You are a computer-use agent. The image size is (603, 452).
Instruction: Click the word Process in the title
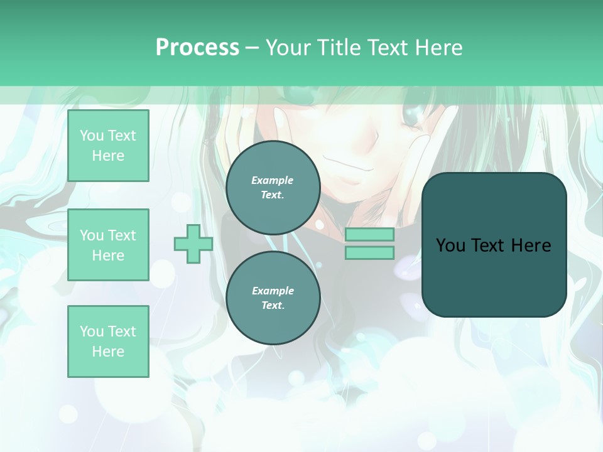tap(197, 48)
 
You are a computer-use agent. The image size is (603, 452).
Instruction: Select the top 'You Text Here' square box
tap(108, 146)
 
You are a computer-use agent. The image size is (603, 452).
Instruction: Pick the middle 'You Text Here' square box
tap(108, 245)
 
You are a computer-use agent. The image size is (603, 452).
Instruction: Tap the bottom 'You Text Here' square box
tap(108, 341)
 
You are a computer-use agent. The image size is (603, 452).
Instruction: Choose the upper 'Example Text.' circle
tap(273, 187)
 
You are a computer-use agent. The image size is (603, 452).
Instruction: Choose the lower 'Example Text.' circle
tap(273, 298)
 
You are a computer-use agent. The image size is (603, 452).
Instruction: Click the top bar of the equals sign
tap(369, 235)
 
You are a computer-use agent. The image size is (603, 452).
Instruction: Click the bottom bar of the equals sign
tap(369, 253)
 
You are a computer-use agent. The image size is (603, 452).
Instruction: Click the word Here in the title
tap(439, 48)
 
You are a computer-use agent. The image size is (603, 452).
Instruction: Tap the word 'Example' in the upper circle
tap(272, 180)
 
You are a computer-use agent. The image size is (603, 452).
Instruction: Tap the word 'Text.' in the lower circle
tap(273, 305)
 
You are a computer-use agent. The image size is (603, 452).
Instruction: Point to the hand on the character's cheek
tap(433, 144)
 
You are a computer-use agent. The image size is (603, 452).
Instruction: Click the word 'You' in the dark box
tap(450, 245)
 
